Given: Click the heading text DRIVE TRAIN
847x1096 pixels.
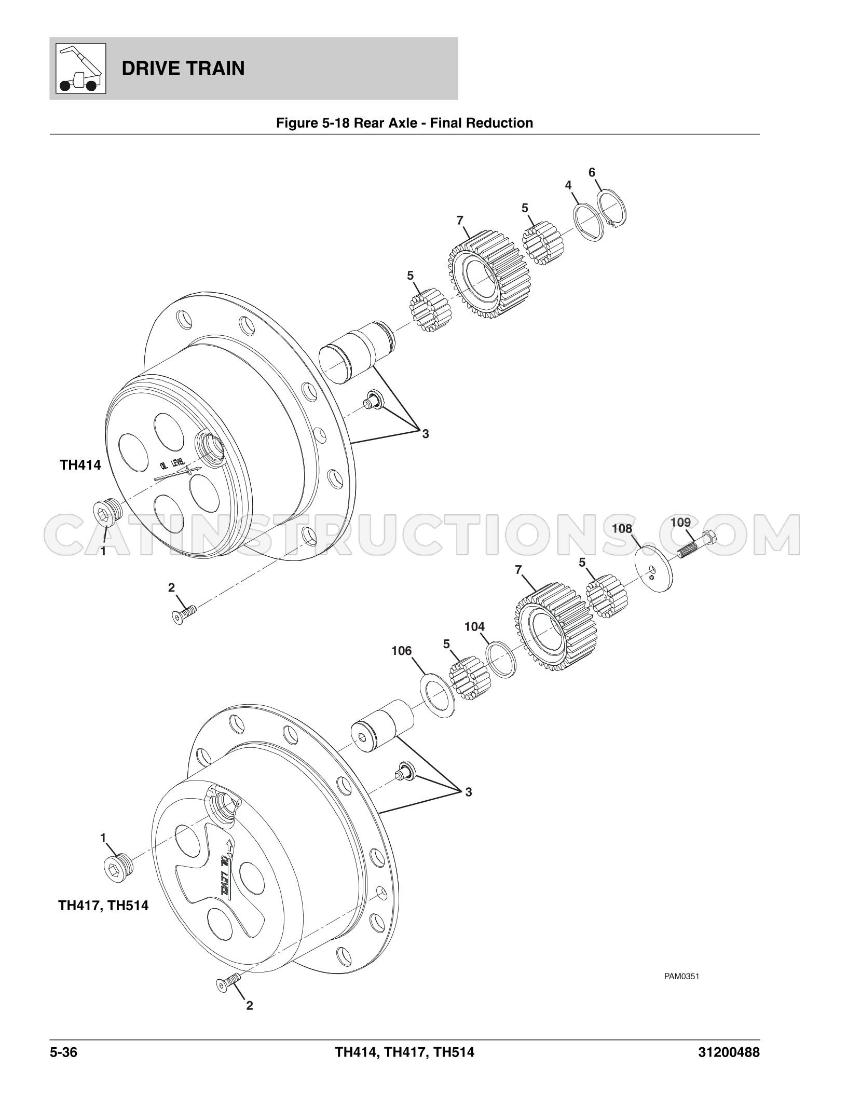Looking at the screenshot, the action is [x=183, y=68].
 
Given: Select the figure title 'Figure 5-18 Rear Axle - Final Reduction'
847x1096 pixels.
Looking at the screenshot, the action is [x=404, y=123].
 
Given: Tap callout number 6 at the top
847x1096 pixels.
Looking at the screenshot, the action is [x=592, y=173].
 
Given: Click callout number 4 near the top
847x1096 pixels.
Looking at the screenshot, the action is [x=568, y=185].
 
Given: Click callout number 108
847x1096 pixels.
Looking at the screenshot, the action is [x=622, y=529].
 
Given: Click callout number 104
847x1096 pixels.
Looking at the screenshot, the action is [x=474, y=627].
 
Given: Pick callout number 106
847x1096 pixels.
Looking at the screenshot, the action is [x=401, y=651].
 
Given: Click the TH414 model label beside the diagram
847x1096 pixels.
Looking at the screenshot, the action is [x=80, y=464].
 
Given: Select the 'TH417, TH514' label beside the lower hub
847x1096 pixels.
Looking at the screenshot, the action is [x=103, y=906].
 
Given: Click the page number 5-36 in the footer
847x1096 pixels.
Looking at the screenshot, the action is [x=64, y=1052].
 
